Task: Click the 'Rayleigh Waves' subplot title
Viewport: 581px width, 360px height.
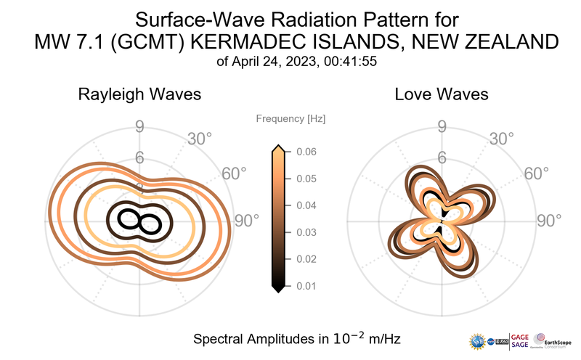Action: (139, 94)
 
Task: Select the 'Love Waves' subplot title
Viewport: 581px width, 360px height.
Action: (441, 94)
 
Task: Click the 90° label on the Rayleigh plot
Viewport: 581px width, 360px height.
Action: (245, 221)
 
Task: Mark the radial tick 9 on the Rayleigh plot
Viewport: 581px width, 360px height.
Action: (139, 128)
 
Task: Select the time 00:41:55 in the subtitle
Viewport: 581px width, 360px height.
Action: (345, 62)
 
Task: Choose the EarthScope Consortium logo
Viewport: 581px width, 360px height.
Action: (553, 340)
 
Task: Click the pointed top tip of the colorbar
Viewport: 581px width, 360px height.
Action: (277, 148)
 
